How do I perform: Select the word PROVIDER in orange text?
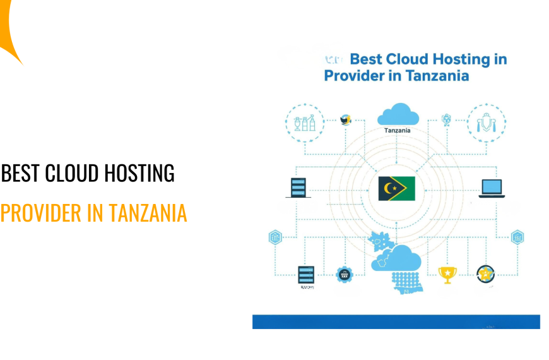[x=41, y=213]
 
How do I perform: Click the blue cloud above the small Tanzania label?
[x=398, y=114]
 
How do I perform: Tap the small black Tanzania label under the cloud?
[x=398, y=131]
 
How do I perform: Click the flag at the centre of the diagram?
[x=396, y=188]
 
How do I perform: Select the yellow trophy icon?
[x=447, y=273]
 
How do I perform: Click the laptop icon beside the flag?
[x=492, y=188]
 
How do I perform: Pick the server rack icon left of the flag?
[x=298, y=188]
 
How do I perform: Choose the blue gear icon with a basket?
[x=344, y=273]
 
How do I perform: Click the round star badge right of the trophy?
[x=485, y=273]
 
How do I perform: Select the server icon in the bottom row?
[x=305, y=274]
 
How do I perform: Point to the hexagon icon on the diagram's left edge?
[x=275, y=237]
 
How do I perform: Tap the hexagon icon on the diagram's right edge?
[x=517, y=237]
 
